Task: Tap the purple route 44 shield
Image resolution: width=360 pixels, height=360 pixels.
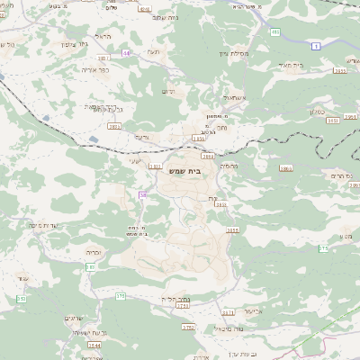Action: click(x=126, y=53)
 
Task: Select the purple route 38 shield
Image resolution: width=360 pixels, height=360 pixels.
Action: click(x=142, y=194)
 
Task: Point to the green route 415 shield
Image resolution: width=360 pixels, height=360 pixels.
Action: click(x=274, y=32)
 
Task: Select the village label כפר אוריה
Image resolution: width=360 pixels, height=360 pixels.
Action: click(x=93, y=67)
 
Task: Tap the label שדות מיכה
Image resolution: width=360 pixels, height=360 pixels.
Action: click(x=44, y=225)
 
